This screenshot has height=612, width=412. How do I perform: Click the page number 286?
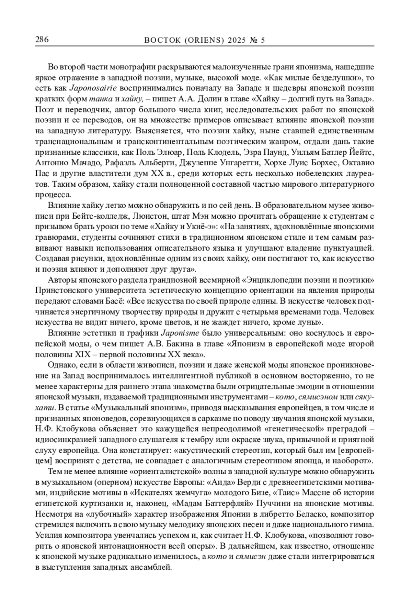click(42, 40)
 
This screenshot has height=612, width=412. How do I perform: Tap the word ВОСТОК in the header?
click(160, 41)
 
